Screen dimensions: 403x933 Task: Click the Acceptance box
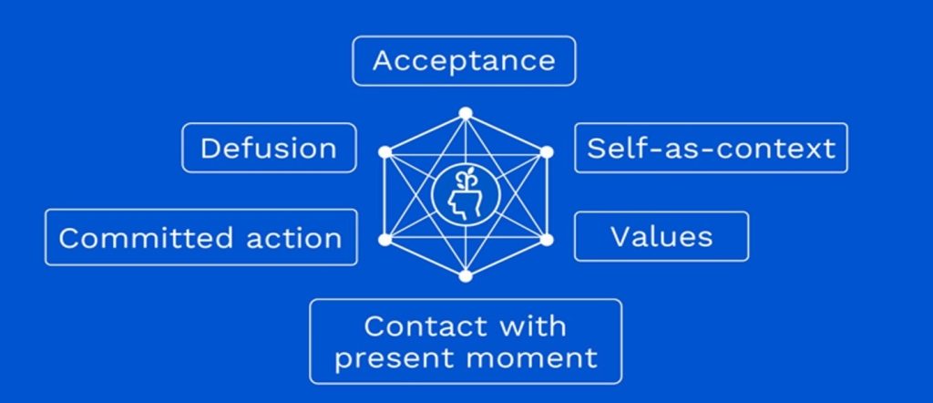tap(464, 61)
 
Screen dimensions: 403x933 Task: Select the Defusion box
tap(269, 148)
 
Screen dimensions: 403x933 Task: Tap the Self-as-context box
tap(711, 148)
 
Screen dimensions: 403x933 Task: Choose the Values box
tap(661, 236)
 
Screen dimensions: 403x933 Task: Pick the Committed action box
tap(200, 238)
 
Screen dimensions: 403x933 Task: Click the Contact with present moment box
tap(466, 342)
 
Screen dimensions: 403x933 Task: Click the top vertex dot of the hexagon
tap(466, 113)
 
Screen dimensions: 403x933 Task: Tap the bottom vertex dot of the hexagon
tap(466, 275)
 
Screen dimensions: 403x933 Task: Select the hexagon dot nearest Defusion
tap(384, 152)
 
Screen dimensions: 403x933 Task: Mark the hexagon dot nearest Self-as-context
tap(546, 152)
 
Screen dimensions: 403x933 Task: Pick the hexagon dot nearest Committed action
tap(384, 239)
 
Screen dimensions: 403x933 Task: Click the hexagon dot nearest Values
tap(546, 239)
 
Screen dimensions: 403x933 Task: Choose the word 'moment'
tap(532, 358)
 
